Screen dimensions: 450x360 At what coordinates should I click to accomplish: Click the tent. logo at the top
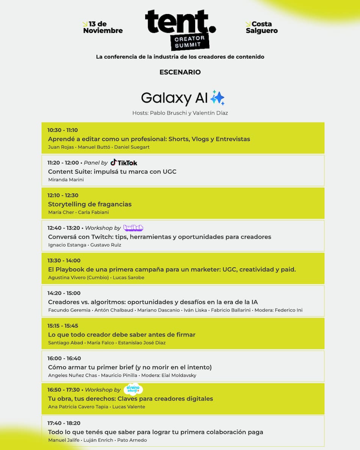pyautogui.click(x=180, y=29)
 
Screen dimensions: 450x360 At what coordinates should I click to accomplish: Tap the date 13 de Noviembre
pyautogui.click(x=103, y=28)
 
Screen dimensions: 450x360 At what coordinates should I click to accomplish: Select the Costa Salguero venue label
pyautogui.click(x=261, y=28)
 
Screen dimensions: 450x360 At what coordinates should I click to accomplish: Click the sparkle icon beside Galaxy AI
pyautogui.click(x=218, y=98)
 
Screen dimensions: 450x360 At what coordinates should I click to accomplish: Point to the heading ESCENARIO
pyautogui.click(x=180, y=72)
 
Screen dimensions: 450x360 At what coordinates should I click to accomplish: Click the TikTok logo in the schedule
pyautogui.click(x=124, y=162)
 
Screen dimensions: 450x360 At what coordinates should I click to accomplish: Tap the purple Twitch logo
pyautogui.click(x=133, y=228)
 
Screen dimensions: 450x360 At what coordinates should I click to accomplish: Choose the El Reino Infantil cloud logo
pyautogui.click(x=133, y=389)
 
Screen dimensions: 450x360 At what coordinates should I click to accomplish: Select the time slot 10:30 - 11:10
pyautogui.click(x=63, y=130)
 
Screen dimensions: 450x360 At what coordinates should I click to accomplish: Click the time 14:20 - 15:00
pyautogui.click(x=64, y=293)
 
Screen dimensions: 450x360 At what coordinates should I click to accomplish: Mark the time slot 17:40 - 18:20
pyautogui.click(x=64, y=423)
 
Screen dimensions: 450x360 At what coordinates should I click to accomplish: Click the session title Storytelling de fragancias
pyautogui.click(x=90, y=204)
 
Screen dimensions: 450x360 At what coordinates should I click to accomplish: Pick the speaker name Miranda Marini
pyautogui.click(x=66, y=180)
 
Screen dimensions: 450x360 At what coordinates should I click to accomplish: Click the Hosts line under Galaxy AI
pyautogui.click(x=180, y=113)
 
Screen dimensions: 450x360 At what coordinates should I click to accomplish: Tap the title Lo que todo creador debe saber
pyautogui.click(x=122, y=334)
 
